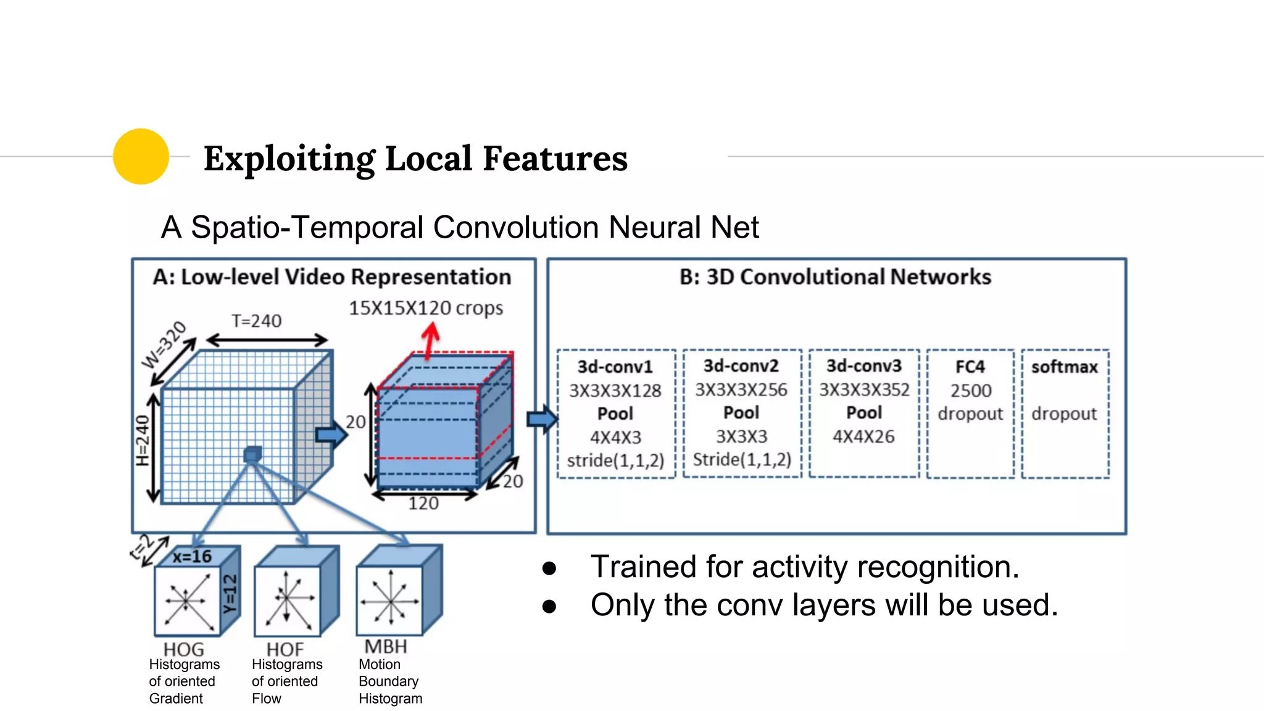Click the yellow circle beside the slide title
point(141,156)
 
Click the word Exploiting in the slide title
point(289,159)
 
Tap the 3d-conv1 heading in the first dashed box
point(615,367)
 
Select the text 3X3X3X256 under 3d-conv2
point(741,390)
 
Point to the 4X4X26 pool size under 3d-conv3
point(863,437)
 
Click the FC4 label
point(970,367)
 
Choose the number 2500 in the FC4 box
point(970,391)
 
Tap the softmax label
point(1064,367)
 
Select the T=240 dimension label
point(256,321)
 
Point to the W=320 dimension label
point(164,344)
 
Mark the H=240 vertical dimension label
point(143,441)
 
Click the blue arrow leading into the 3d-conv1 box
point(541,420)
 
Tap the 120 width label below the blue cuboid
point(423,504)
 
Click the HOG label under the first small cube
point(183,649)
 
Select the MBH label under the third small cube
point(386,646)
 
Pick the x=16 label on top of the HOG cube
point(192,557)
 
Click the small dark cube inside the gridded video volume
point(252,455)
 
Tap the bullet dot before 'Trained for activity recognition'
point(549,568)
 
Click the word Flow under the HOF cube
point(267,699)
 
